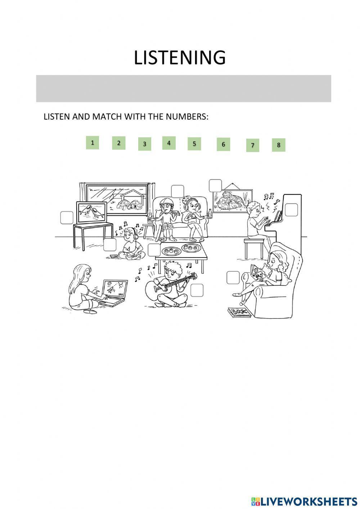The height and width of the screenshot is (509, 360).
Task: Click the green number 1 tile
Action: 93,143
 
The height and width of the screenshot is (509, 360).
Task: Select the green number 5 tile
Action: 194,144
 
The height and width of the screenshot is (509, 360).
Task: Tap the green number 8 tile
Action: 278,145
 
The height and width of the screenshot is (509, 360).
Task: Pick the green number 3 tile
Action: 144,144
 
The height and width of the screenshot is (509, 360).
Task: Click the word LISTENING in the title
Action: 180,58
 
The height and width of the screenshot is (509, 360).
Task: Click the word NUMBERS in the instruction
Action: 189,117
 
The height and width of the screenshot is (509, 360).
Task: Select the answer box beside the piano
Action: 291,210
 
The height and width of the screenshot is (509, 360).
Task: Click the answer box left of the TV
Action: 67,218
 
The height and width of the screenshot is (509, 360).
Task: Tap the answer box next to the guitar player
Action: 197,290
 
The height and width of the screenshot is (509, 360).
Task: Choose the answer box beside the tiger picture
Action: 215,186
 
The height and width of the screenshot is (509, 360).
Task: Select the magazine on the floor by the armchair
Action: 239,312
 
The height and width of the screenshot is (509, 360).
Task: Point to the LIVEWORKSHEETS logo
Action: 304,501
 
